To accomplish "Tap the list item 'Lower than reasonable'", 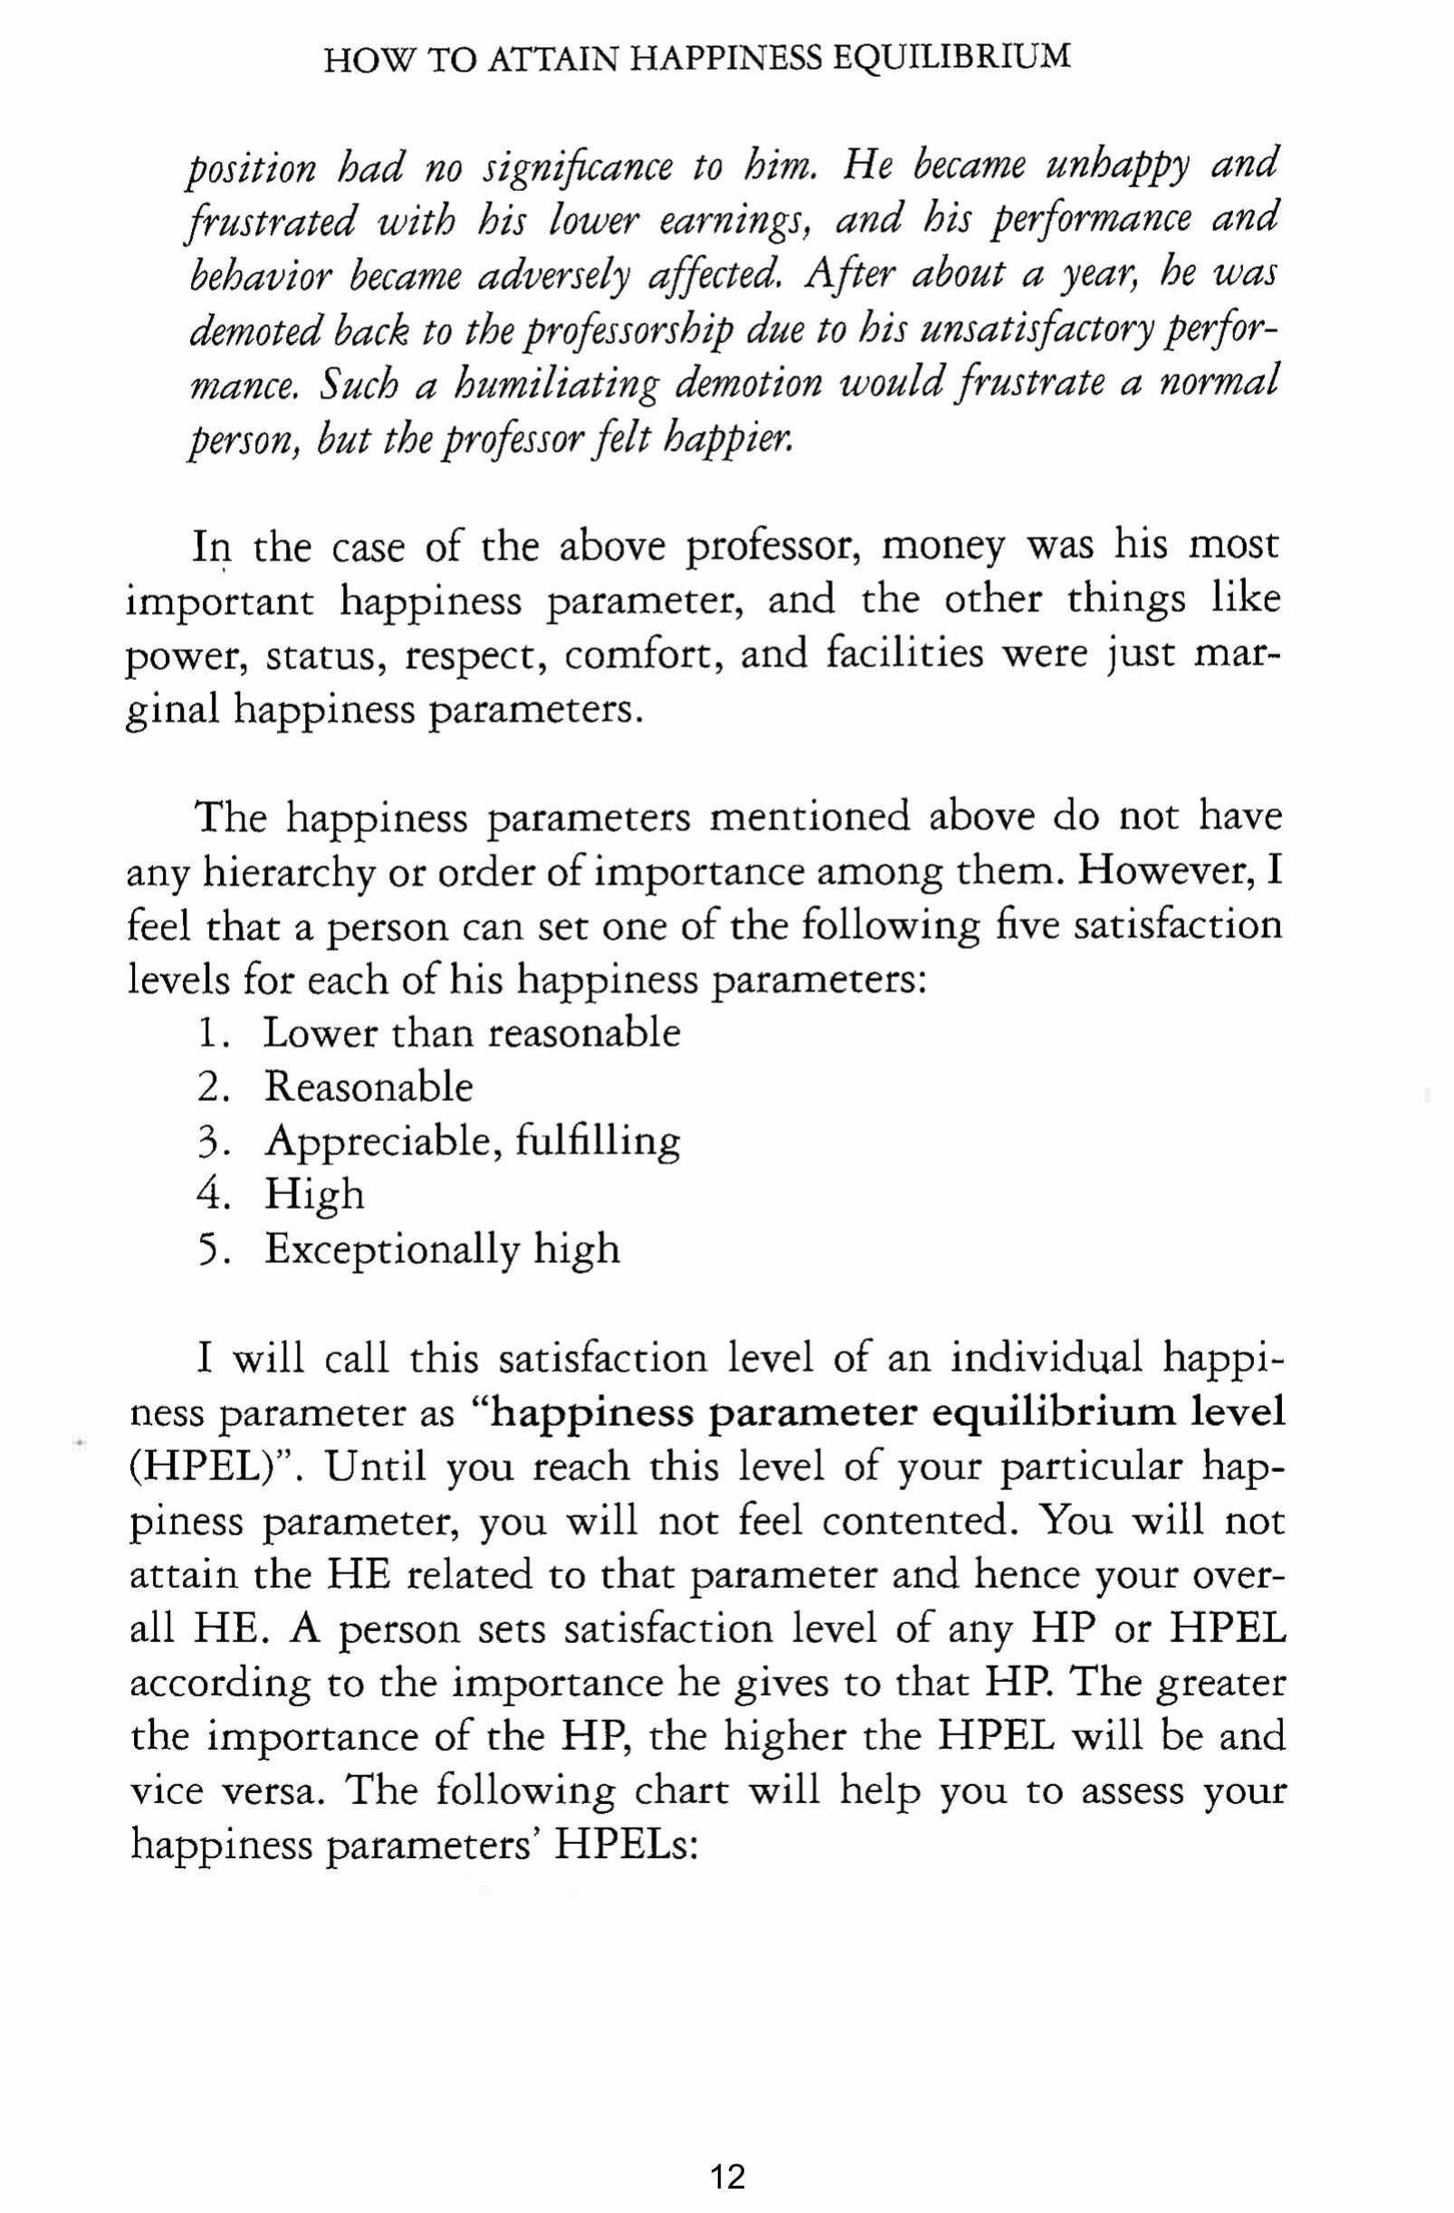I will (x=471, y=1033).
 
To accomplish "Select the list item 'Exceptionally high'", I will (x=442, y=1249).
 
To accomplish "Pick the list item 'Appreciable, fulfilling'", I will (x=472, y=1142).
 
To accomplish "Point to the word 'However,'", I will (x=1170, y=871).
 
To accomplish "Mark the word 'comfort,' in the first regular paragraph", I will (x=643, y=655).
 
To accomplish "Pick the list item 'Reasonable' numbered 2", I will (x=368, y=1087).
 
